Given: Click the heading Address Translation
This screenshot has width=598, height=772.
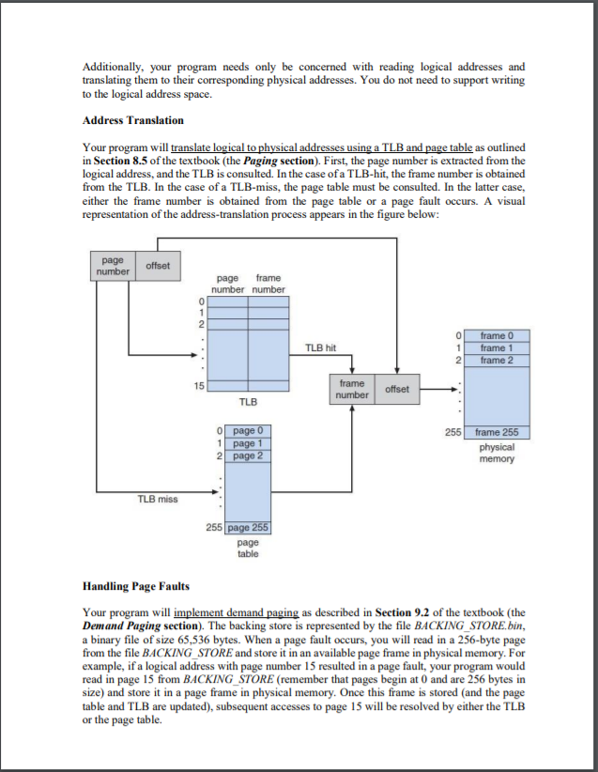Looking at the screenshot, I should tap(133, 120).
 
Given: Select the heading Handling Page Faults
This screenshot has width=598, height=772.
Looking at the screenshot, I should tap(136, 587).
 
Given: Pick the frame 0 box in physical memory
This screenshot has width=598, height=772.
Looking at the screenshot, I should tap(497, 335).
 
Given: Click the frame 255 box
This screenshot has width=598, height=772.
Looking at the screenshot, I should tap(497, 433).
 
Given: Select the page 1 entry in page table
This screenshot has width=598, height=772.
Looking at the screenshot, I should tap(248, 443).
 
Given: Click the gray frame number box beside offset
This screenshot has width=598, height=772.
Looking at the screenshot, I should tap(352, 389).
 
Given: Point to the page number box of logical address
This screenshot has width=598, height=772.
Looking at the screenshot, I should tap(113, 265).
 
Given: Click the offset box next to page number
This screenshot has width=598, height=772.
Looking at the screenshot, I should tap(158, 265).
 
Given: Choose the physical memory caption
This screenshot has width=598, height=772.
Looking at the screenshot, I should tap(497, 454).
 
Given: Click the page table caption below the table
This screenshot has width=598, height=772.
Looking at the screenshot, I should tap(248, 548).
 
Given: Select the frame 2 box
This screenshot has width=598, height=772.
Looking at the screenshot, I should tap(497, 360).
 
